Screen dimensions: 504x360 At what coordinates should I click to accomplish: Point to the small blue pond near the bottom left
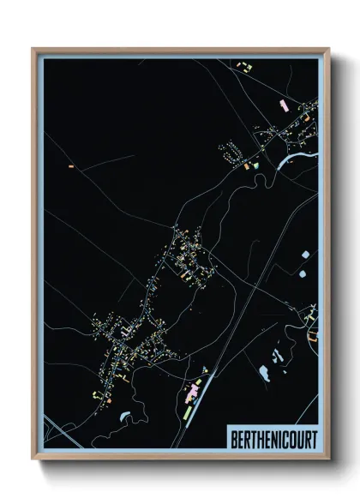point(126,415)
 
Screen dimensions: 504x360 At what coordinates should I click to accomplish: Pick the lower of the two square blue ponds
point(302,273)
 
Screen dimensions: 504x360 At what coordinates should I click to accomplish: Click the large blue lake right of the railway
point(261,371)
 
